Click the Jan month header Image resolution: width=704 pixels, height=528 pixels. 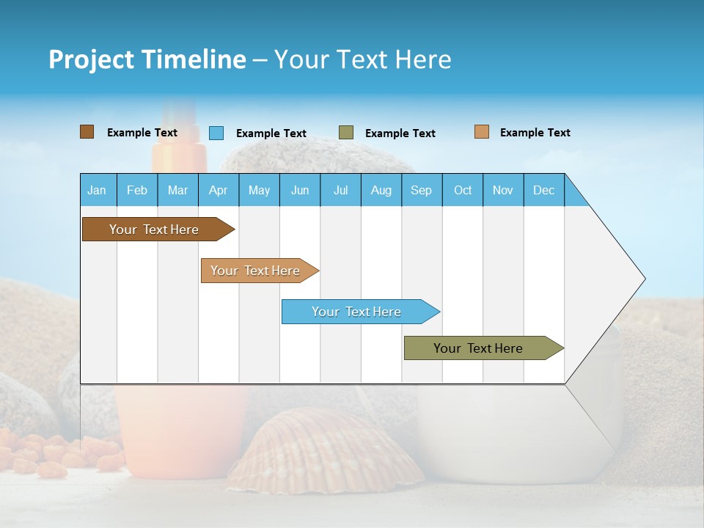(x=98, y=190)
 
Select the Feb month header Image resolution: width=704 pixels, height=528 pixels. (x=137, y=190)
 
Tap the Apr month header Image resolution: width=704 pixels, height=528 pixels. (x=219, y=190)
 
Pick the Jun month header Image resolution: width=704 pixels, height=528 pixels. (x=300, y=190)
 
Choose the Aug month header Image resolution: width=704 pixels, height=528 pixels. (x=381, y=190)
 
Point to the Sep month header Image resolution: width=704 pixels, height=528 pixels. (x=422, y=190)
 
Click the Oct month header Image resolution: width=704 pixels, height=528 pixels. (x=463, y=190)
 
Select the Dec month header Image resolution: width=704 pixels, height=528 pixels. (x=544, y=190)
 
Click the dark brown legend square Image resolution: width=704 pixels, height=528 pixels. (x=87, y=132)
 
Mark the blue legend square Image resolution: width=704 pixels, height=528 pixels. (x=216, y=133)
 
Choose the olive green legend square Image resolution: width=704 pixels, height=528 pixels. (x=346, y=133)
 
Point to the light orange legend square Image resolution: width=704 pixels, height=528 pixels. (x=482, y=132)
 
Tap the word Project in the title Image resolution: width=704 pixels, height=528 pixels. (x=90, y=59)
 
